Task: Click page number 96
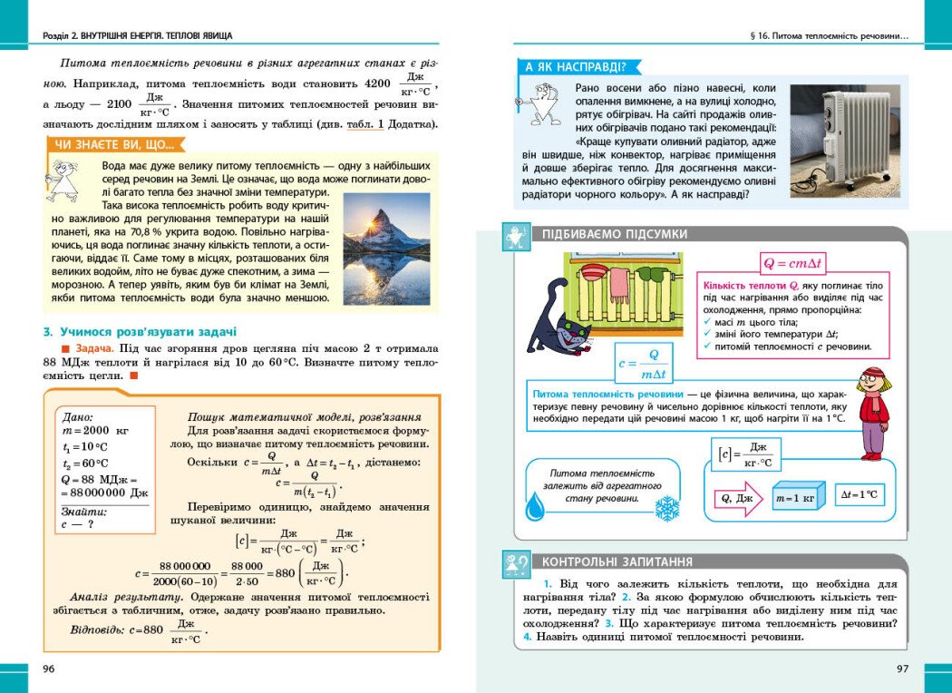tap(50, 669)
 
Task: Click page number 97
tap(901, 669)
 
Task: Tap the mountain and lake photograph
tap(387, 249)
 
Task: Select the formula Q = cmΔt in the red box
tap(792, 264)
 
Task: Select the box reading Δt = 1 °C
tap(859, 494)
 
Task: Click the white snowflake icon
tap(667, 508)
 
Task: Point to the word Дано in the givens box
tap(77, 417)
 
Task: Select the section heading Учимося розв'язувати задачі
tap(141, 331)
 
